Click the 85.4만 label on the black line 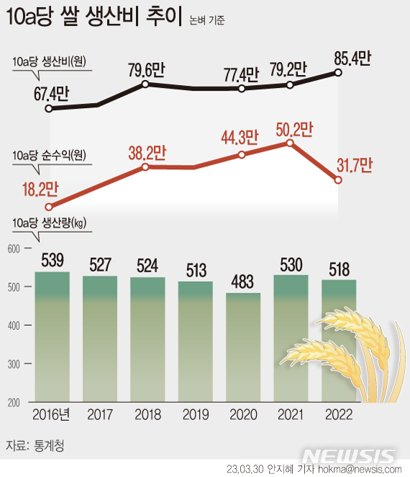point(352,58)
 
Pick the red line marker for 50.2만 point(290,143)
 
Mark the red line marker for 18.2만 point(49,205)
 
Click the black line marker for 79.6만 point(145,84)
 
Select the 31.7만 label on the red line point(353,165)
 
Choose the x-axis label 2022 point(338,415)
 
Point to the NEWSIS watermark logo point(348,455)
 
